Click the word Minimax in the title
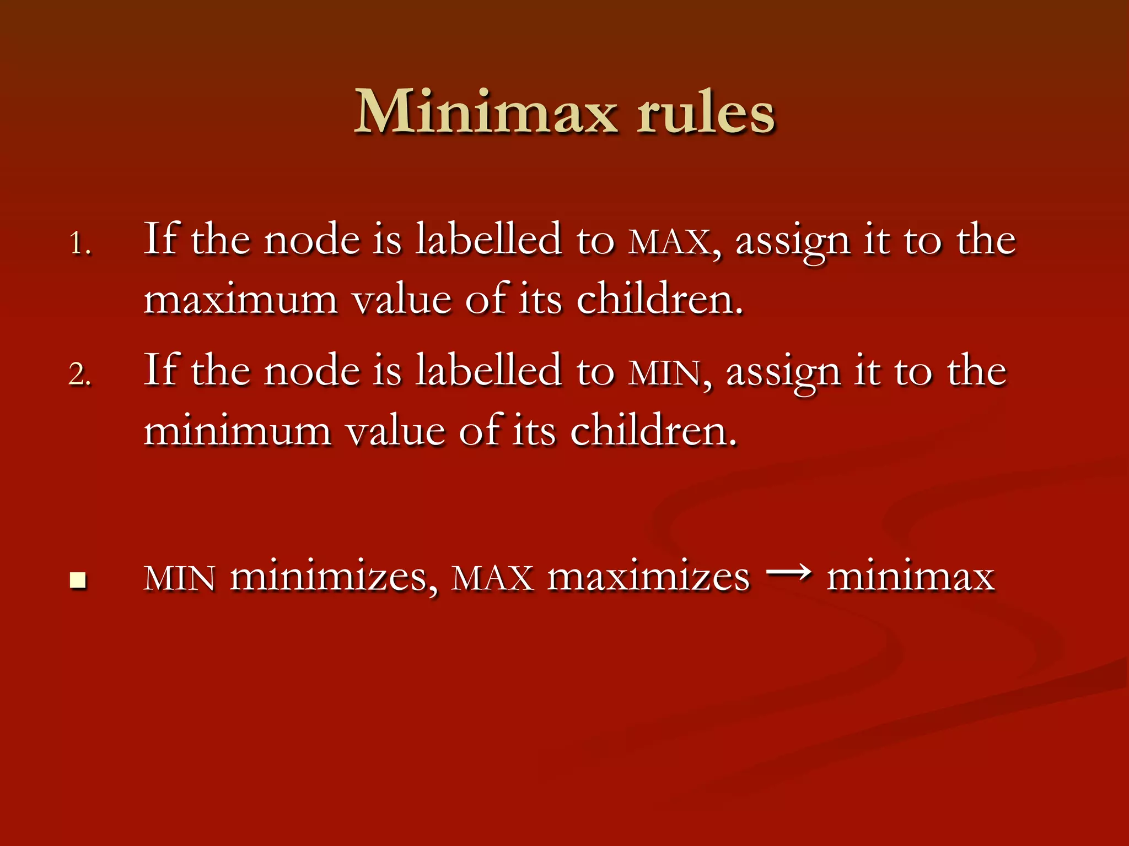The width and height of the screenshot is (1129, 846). tap(485, 113)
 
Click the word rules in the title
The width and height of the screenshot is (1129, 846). tap(706, 113)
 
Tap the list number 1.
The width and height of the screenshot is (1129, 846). tap(79, 243)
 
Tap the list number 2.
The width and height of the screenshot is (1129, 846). tap(79, 375)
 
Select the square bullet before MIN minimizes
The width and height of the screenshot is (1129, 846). tap(78, 581)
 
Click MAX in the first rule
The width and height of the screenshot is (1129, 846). tap(669, 242)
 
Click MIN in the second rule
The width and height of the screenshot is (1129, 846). tap(665, 373)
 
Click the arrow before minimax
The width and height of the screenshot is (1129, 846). tap(788, 574)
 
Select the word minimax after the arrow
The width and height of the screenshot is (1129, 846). tap(911, 578)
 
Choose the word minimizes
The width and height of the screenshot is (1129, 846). tap(329, 578)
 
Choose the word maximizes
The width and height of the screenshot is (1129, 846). tap(648, 578)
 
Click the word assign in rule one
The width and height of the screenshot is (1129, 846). tap(793, 242)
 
